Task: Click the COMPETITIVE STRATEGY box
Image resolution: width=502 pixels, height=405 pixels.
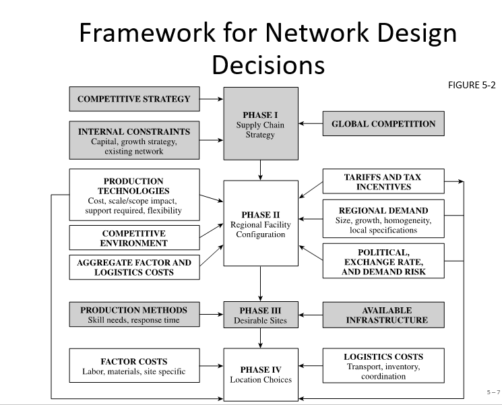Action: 134,99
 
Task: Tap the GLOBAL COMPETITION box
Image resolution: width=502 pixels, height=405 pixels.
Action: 383,124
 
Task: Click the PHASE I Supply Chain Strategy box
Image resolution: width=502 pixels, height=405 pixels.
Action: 260,123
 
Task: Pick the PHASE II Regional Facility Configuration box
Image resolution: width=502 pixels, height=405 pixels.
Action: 260,222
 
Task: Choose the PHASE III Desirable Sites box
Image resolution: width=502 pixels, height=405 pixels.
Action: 260,315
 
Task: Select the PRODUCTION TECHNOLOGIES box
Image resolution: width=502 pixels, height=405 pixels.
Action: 134,195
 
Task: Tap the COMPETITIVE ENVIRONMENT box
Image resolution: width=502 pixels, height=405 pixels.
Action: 134,238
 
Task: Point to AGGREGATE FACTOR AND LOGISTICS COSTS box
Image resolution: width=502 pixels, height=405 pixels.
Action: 134,267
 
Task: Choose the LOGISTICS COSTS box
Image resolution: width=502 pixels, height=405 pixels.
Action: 383,366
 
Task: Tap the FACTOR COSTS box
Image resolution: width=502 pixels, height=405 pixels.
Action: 134,366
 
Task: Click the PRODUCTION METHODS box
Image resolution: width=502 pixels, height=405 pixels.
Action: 134,315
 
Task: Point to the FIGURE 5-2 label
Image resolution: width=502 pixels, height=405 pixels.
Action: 471,85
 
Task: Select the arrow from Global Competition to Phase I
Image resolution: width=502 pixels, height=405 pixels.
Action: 311,124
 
